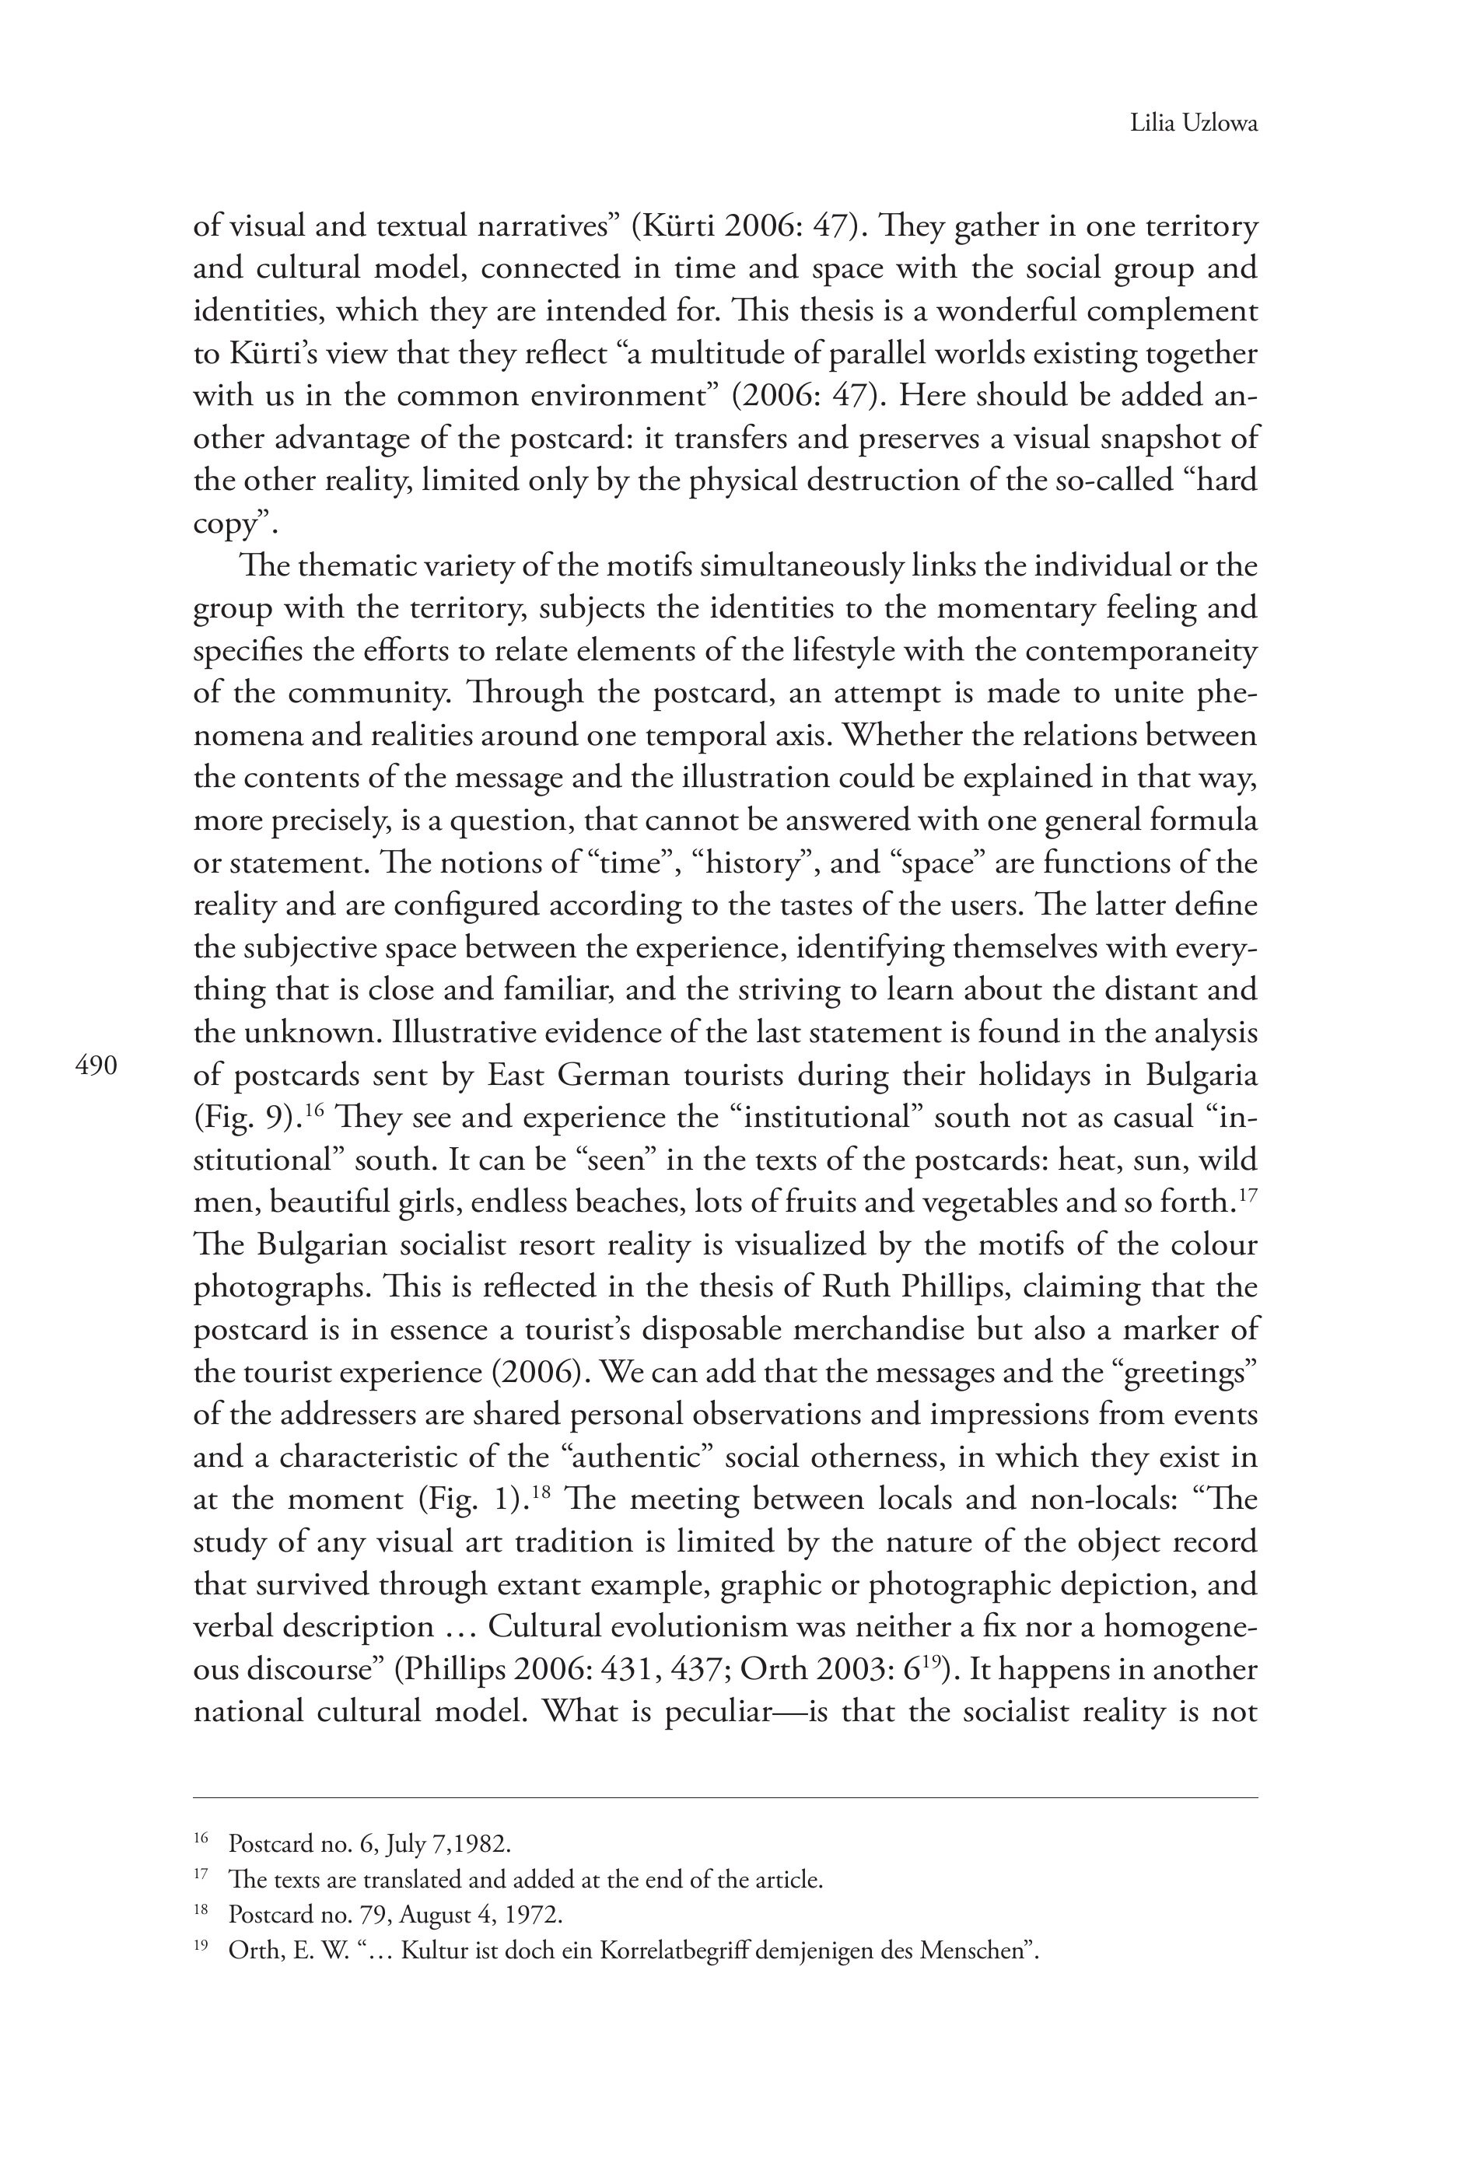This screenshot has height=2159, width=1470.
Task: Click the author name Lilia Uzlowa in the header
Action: point(1193,123)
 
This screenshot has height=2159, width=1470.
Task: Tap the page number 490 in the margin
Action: point(96,1066)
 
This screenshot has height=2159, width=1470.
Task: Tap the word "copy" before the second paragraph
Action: point(223,525)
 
